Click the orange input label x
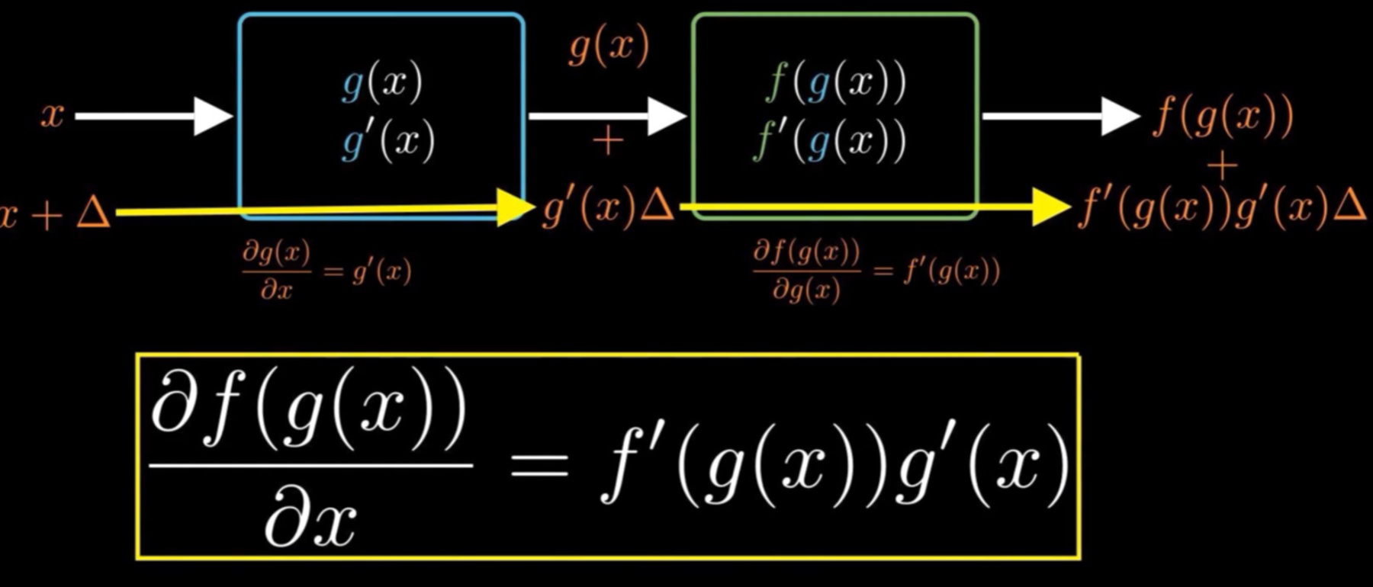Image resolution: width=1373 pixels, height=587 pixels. [52, 116]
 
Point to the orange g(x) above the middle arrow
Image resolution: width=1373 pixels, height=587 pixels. [609, 47]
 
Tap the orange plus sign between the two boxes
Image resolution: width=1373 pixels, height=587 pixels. [608, 142]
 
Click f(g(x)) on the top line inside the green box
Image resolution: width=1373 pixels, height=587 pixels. [835, 82]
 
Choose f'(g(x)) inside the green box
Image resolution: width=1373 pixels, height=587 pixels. [830, 141]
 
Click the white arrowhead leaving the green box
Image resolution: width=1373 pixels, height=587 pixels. [1119, 116]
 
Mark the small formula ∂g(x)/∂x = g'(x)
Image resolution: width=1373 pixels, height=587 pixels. [326, 271]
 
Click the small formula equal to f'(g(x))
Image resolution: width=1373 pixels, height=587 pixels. [876, 271]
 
